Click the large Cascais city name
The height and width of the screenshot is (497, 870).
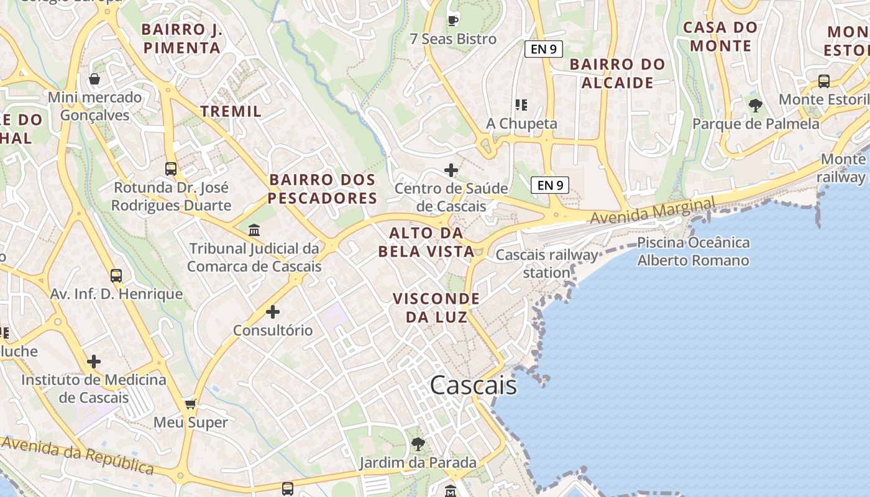473,385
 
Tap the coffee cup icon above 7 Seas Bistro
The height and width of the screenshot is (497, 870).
453,20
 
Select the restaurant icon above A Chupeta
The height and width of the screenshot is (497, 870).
521,105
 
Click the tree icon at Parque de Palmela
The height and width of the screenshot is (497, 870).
756,105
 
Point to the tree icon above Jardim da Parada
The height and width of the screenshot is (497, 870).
418,444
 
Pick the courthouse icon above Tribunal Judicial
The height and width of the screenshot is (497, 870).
254,230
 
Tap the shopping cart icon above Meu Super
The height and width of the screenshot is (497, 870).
191,404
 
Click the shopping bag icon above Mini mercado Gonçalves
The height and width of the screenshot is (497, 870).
94,79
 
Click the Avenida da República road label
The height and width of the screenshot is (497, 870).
77,455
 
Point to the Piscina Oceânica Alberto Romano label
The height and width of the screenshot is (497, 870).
694,252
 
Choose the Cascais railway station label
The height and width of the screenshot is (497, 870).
547,263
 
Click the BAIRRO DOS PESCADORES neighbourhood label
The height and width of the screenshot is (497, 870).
323,189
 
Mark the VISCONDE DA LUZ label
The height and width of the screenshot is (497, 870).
436,308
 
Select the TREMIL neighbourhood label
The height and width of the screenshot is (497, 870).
231,111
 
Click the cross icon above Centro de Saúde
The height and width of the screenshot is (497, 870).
451,170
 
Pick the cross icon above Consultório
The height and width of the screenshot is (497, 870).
273,311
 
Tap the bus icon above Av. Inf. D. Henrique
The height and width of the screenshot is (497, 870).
116,276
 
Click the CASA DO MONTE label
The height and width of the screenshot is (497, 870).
720,36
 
